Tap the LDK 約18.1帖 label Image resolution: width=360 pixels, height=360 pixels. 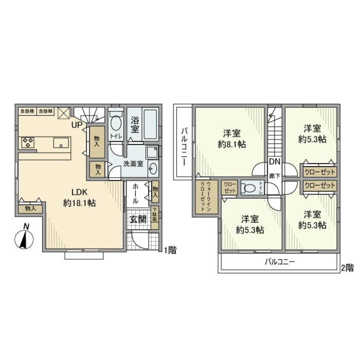pyautogui.click(x=79, y=198)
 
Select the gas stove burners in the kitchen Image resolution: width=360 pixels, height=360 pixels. pyautogui.click(x=28, y=142)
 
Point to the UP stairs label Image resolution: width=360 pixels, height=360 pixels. pyautogui.click(x=77, y=125)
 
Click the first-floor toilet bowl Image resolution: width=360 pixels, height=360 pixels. pyautogui.click(x=116, y=123)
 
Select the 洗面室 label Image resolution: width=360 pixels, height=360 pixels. pyautogui.click(x=133, y=164)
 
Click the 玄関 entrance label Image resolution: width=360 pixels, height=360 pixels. pyautogui.click(x=138, y=220)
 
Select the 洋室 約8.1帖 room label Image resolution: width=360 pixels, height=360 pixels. pyautogui.click(x=231, y=138)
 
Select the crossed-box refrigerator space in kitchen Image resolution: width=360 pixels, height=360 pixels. pyautogui.click(x=63, y=112)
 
